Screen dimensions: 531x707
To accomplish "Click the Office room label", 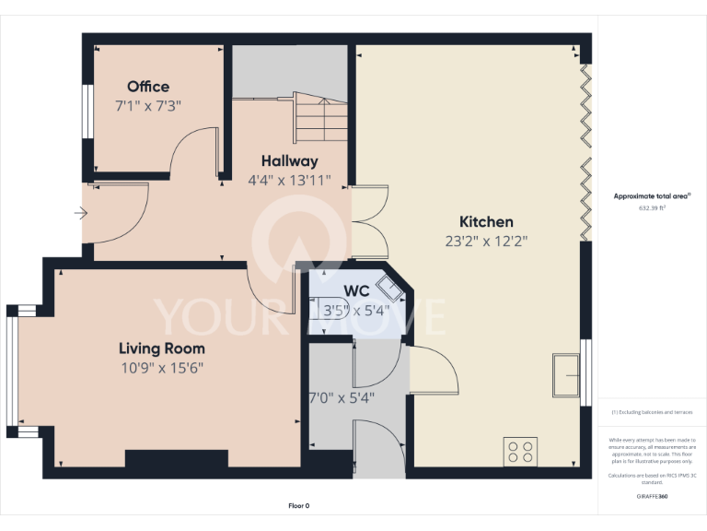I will click(x=148, y=87).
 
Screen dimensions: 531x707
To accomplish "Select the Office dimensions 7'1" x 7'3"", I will click(x=148, y=105).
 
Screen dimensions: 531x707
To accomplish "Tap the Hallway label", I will click(x=289, y=160).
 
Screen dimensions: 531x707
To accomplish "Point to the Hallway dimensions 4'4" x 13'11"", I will click(x=289, y=181).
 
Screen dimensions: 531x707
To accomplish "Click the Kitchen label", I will click(x=486, y=222).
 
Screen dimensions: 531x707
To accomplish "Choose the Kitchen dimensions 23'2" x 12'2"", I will click(x=486, y=242).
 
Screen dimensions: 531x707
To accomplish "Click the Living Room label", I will click(x=161, y=348).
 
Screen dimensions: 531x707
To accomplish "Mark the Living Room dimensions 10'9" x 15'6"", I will click(x=161, y=368).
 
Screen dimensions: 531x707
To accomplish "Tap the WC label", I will click(x=331, y=291).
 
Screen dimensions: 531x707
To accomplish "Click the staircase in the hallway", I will click(x=321, y=115).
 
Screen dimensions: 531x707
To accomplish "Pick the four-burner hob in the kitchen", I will click(x=520, y=452).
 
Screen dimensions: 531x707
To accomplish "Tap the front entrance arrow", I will click(x=80, y=215).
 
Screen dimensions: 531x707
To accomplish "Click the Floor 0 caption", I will click(x=299, y=506).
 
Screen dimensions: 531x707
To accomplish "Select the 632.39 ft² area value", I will click(x=652, y=208).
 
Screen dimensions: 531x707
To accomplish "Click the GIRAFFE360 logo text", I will click(x=652, y=496).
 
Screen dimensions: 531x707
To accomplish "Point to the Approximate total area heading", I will click(x=651, y=195).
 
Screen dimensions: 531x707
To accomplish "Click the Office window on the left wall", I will click(x=87, y=113).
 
